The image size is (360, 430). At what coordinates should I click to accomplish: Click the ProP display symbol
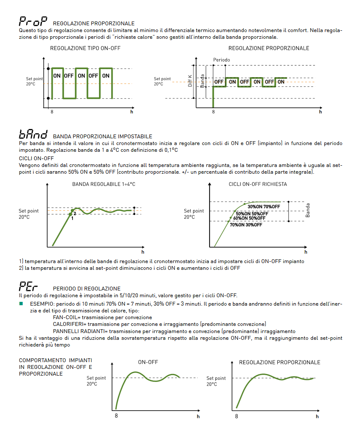pyautogui.click(x=33, y=21)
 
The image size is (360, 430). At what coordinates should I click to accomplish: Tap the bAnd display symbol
pyautogui.click(x=33, y=134)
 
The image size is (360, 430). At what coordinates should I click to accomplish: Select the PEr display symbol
pyautogui.click(x=28, y=286)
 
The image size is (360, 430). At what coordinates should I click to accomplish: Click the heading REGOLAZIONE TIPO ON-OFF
pyautogui.click(x=85, y=48)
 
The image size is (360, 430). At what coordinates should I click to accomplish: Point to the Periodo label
pyautogui.click(x=222, y=60)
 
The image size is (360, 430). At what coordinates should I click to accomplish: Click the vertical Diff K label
pyautogui.click(x=190, y=81)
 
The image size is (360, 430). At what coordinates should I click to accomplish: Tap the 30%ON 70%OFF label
pyautogui.click(x=264, y=207)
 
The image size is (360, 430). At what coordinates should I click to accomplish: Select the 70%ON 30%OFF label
pyautogui.click(x=246, y=225)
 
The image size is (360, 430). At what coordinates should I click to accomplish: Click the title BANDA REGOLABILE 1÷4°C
pyautogui.click(x=104, y=184)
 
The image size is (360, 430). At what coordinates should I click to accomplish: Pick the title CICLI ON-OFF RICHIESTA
pyautogui.click(x=258, y=184)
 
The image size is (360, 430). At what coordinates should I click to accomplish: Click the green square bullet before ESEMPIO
pyautogui.click(x=21, y=304)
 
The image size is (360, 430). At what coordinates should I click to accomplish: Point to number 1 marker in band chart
pyautogui.click(x=73, y=218)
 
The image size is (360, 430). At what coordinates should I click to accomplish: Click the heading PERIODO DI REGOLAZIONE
pyautogui.click(x=87, y=289)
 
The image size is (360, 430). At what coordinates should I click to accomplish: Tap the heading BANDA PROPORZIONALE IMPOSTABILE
pyautogui.click(x=102, y=137)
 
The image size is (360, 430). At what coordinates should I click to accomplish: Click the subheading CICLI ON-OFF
pyautogui.click(x=36, y=159)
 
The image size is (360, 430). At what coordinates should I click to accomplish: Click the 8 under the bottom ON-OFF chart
pyautogui.click(x=116, y=416)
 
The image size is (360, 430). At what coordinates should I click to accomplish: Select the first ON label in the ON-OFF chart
pyautogui.click(x=57, y=76)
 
